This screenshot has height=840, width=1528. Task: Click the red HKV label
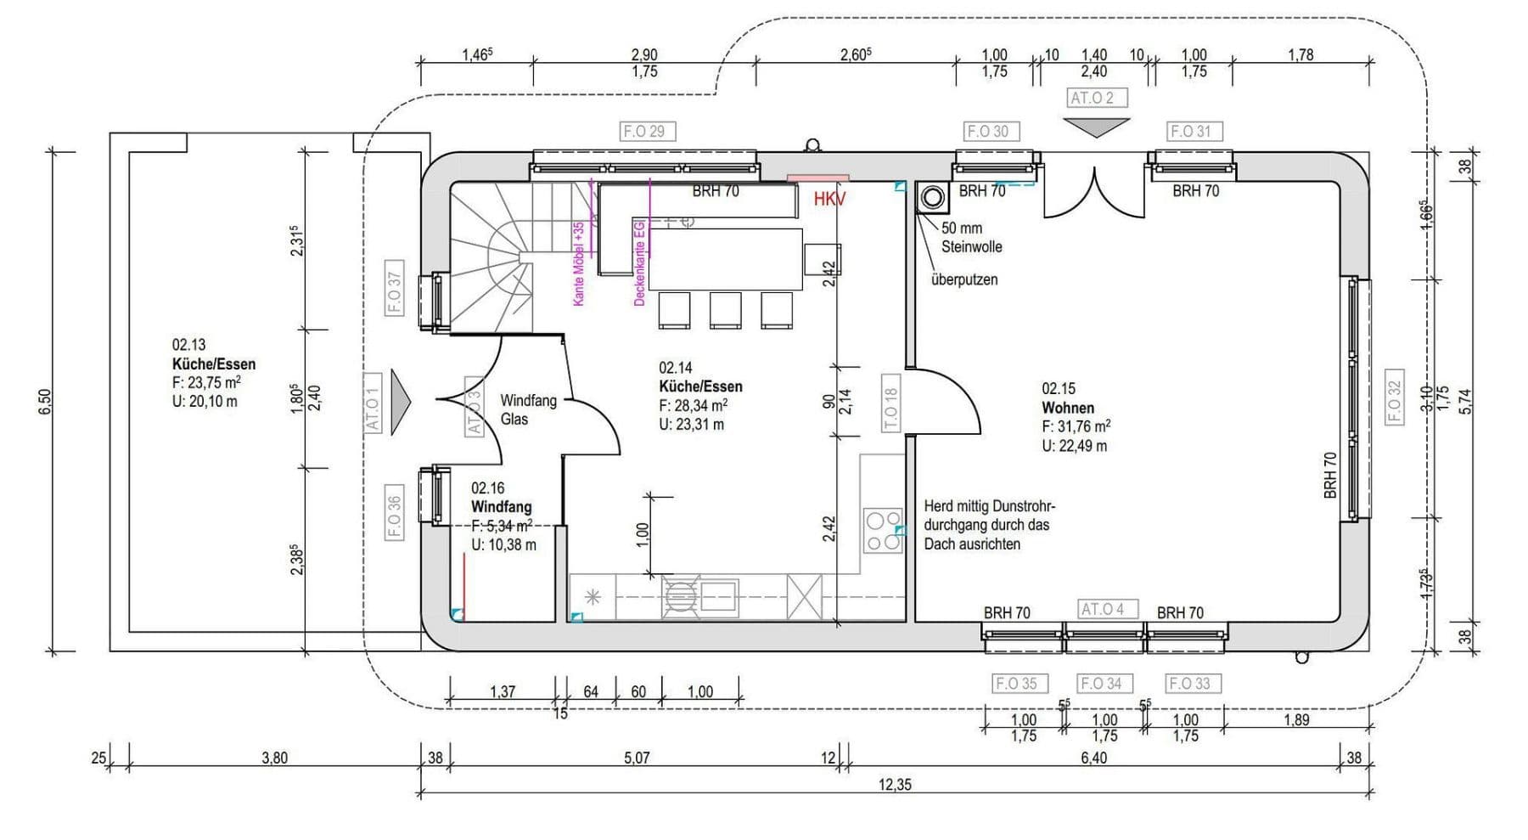pos(829,200)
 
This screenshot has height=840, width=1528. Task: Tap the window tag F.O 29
pos(643,132)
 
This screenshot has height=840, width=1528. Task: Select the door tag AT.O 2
pos(1096,98)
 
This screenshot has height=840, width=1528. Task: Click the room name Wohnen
pos(1068,408)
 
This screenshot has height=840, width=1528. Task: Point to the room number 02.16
pos(487,488)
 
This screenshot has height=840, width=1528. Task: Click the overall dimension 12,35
pos(895,785)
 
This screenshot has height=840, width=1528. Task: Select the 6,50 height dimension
pos(45,402)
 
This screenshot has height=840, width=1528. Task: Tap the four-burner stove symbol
pos(883,531)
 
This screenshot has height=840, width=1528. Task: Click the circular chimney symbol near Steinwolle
pos(932,198)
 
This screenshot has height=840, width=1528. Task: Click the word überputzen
pos(963,279)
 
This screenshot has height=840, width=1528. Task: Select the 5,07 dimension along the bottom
pos(637,758)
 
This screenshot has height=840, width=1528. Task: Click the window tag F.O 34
pos(1101,683)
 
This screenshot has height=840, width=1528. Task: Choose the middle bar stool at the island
pos(725,310)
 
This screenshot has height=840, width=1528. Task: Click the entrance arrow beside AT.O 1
pos(400,402)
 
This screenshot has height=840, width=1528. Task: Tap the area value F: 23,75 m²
pos(205,383)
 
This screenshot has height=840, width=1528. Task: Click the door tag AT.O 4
pos(1102,609)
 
